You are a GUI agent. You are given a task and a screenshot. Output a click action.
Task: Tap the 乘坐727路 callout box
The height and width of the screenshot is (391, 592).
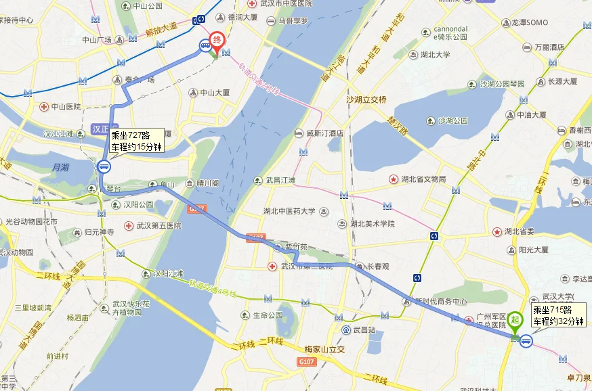[x=136, y=140]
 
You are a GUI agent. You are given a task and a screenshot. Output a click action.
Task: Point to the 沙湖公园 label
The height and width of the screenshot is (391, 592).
[x=453, y=121]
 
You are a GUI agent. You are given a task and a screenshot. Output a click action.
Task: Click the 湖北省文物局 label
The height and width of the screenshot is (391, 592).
[x=423, y=179]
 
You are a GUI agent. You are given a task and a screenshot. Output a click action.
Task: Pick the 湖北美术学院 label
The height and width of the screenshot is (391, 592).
[x=373, y=224]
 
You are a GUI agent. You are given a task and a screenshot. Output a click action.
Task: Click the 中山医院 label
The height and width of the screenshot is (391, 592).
[x=64, y=107]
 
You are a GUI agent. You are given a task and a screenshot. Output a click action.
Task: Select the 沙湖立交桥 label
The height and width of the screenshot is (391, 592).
[x=366, y=100]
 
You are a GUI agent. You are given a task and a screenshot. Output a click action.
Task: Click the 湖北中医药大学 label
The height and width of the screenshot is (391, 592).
[x=289, y=211]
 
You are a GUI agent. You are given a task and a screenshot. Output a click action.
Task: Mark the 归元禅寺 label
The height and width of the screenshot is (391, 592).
[x=101, y=232]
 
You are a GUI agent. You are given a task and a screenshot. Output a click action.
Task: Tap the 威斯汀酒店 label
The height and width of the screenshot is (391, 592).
[x=324, y=133]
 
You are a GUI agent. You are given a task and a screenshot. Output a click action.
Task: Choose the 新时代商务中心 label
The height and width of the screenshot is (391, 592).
[x=440, y=302]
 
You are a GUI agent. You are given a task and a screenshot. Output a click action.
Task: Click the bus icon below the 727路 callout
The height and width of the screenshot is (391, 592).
[x=104, y=166]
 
